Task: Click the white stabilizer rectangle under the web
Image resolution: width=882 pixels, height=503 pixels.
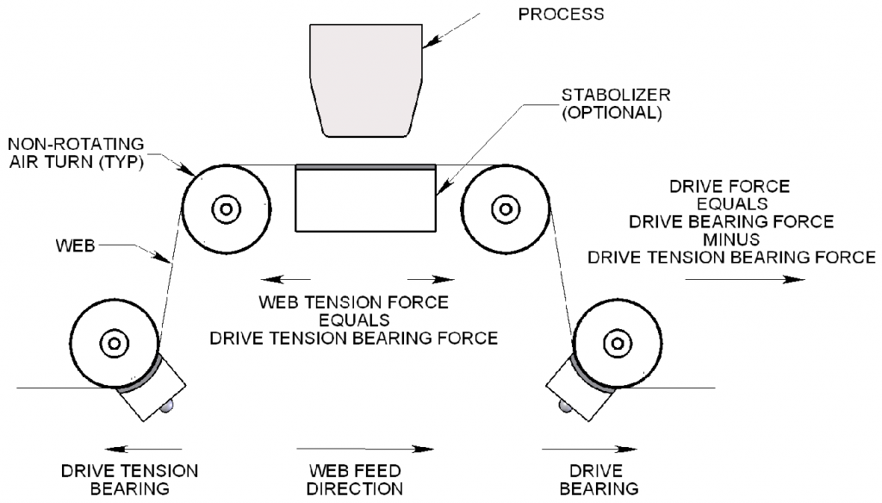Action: point(365,200)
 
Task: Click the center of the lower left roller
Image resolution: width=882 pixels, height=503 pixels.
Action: point(113,343)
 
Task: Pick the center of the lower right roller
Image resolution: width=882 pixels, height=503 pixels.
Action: point(616,343)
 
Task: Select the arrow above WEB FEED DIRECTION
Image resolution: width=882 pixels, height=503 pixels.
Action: point(364,449)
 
